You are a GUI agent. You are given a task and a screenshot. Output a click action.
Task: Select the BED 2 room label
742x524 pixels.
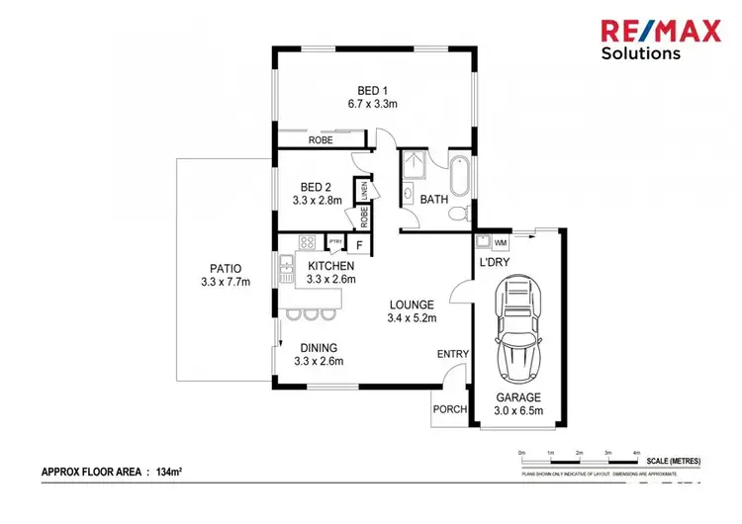(x=317, y=186)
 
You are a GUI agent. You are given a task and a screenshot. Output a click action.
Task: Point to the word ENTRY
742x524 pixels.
(x=452, y=354)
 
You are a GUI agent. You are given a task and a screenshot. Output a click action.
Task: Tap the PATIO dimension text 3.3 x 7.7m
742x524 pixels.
(x=225, y=282)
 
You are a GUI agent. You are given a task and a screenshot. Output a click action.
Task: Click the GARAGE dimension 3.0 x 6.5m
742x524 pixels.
(x=518, y=411)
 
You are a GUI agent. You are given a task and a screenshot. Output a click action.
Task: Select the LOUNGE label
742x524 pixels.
(x=412, y=305)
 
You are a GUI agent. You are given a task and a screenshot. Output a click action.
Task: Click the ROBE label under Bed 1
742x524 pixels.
(x=321, y=141)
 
